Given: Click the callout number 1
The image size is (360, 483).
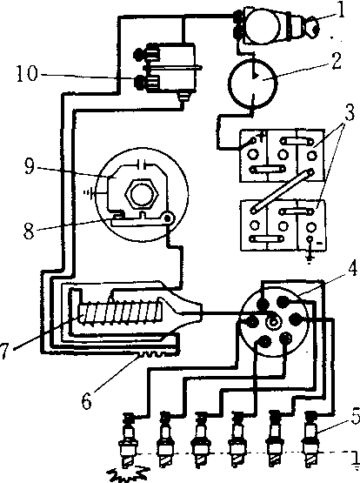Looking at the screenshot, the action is pyautogui.click(x=340, y=10).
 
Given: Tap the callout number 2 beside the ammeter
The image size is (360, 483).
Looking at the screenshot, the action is pyautogui.click(x=337, y=61).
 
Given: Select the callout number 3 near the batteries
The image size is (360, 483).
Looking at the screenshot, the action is pyautogui.click(x=349, y=113).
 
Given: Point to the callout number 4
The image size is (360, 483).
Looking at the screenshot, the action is pyautogui.click(x=353, y=268).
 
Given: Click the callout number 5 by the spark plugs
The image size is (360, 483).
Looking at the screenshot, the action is pyautogui.click(x=356, y=415).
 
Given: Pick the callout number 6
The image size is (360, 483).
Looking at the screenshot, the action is pyautogui.click(x=86, y=400).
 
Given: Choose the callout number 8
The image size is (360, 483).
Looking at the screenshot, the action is pyautogui.click(x=29, y=231).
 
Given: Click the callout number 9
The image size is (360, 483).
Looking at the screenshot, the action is pyautogui.click(x=30, y=166).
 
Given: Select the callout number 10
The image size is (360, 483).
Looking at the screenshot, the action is pyautogui.click(x=27, y=73).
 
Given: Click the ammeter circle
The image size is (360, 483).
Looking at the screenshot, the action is pyautogui.click(x=253, y=84).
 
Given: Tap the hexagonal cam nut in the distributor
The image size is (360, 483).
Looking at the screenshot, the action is pyautogui.click(x=141, y=194).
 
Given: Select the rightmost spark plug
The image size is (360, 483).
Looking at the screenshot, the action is pyautogui.click(x=310, y=439).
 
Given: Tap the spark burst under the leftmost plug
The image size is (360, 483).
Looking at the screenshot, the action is pyautogui.click(x=128, y=474).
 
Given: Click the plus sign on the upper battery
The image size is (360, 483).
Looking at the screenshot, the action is pyautogui.click(x=262, y=136).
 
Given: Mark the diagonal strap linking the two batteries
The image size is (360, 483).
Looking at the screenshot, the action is pyautogui.click(x=282, y=191).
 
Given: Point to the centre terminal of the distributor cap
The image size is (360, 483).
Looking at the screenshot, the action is pyautogui.click(x=273, y=322).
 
